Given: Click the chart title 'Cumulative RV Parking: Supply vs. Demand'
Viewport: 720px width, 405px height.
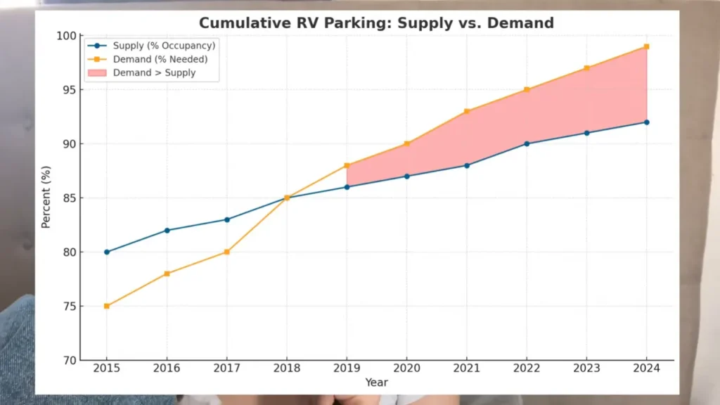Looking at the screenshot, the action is point(376,23).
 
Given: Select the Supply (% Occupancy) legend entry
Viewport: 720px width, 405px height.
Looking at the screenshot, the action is point(152,46).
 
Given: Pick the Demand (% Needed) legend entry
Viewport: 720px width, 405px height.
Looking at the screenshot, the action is point(148,59).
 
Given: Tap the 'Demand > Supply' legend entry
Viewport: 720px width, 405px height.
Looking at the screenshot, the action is point(141,72).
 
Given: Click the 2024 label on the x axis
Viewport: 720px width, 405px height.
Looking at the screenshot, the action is point(647,368).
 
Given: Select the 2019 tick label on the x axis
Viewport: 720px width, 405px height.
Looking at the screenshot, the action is point(347,368).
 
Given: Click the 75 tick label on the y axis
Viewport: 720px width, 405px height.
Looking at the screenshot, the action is point(70,307).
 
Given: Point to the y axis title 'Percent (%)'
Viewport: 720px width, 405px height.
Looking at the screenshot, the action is point(46,197).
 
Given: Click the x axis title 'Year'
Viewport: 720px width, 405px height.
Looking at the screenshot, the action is point(376,382).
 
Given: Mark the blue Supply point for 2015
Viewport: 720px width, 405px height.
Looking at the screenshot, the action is point(107,252).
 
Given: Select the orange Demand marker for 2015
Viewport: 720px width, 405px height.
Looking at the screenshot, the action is point(107,307).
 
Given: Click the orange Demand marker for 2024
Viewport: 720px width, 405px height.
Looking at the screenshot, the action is point(647,47).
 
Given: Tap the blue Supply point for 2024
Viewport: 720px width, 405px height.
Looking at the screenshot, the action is point(647,122).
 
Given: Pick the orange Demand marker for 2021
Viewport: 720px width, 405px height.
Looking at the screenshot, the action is point(467,112).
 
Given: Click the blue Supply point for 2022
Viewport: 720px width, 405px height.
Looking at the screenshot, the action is point(527,144).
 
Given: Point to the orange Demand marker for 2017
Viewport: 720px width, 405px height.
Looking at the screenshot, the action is point(227,252).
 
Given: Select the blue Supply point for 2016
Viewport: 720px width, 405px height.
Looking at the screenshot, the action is point(167,231).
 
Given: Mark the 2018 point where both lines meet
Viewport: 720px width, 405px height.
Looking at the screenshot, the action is point(287,198).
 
